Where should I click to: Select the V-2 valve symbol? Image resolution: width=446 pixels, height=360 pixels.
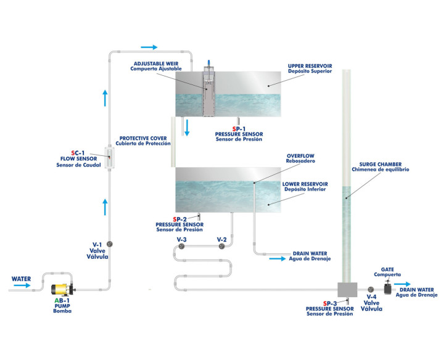point(221,247)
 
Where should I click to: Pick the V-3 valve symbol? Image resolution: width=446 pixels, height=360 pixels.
point(181,247)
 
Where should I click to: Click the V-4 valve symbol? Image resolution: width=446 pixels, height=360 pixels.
point(371,289)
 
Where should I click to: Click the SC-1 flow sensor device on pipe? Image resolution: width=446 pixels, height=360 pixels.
point(111,159)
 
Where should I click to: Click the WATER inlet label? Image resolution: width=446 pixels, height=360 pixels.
point(21,279)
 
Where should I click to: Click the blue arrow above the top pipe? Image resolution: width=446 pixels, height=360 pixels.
point(149,47)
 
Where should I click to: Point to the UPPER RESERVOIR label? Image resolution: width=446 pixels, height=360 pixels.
point(310,65)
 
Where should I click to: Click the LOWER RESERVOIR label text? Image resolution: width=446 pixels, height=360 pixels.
point(305,184)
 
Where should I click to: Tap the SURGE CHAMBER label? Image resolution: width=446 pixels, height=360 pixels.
point(380,166)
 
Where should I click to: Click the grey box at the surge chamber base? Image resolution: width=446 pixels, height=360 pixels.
point(347,289)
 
